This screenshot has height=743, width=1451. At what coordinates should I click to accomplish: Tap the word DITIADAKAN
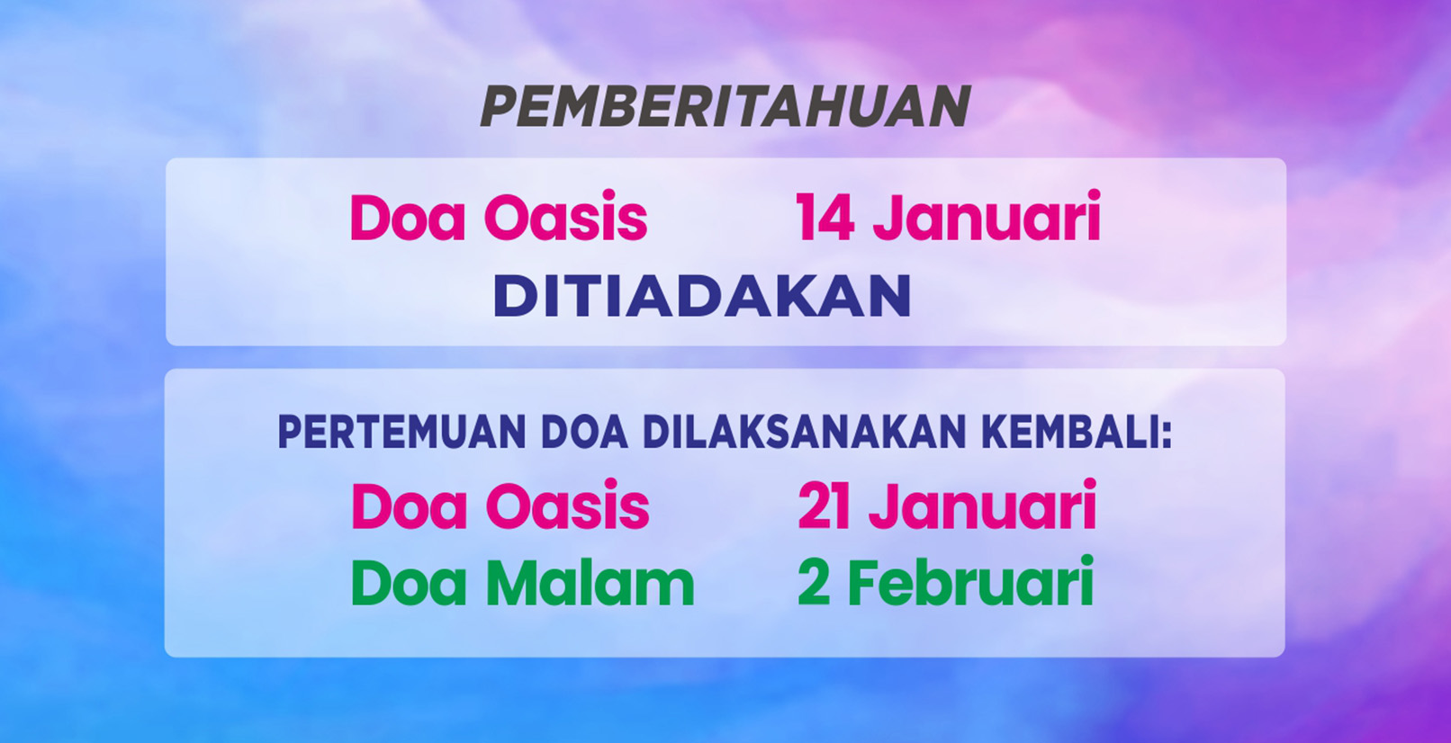[x=703, y=296]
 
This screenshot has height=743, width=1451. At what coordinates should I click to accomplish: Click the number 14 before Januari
[x=824, y=217]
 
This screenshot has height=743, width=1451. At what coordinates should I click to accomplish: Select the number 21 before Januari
[x=824, y=506]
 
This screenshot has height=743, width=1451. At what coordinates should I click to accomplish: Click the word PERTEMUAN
[x=401, y=433]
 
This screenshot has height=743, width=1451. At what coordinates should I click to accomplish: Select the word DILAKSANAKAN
[x=806, y=433]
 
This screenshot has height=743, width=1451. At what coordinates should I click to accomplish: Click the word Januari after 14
[x=987, y=217]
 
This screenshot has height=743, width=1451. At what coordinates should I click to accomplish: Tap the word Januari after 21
[x=983, y=506]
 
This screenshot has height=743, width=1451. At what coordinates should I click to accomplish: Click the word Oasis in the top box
[x=565, y=217]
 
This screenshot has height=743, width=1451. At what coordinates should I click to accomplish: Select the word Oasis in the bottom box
[x=567, y=506]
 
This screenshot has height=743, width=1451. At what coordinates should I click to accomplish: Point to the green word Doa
[x=409, y=583]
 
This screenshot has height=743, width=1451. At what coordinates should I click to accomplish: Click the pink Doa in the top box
[x=408, y=217]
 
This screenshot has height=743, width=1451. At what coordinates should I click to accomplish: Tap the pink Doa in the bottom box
[x=410, y=506]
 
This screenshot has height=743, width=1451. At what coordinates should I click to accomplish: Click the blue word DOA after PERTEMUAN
[x=584, y=433]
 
